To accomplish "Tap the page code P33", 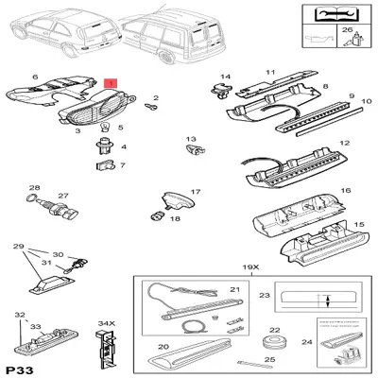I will pos(20,367).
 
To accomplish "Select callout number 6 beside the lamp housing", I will pos(35,77).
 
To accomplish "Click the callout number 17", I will pos(196,192).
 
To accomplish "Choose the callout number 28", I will pos(33,187).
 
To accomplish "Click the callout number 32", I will pos(20,316).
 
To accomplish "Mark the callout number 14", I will pos(226,77).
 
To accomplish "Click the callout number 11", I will pos(269,71).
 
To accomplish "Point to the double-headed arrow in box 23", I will pos(326,302).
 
